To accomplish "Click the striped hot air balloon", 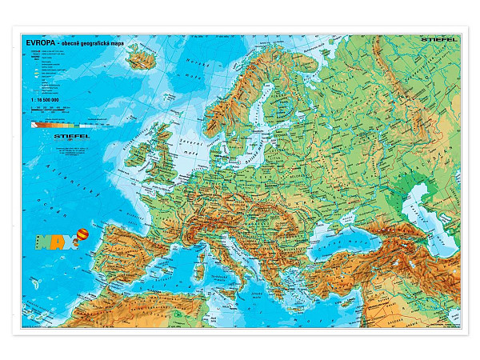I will click(x=82, y=234).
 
